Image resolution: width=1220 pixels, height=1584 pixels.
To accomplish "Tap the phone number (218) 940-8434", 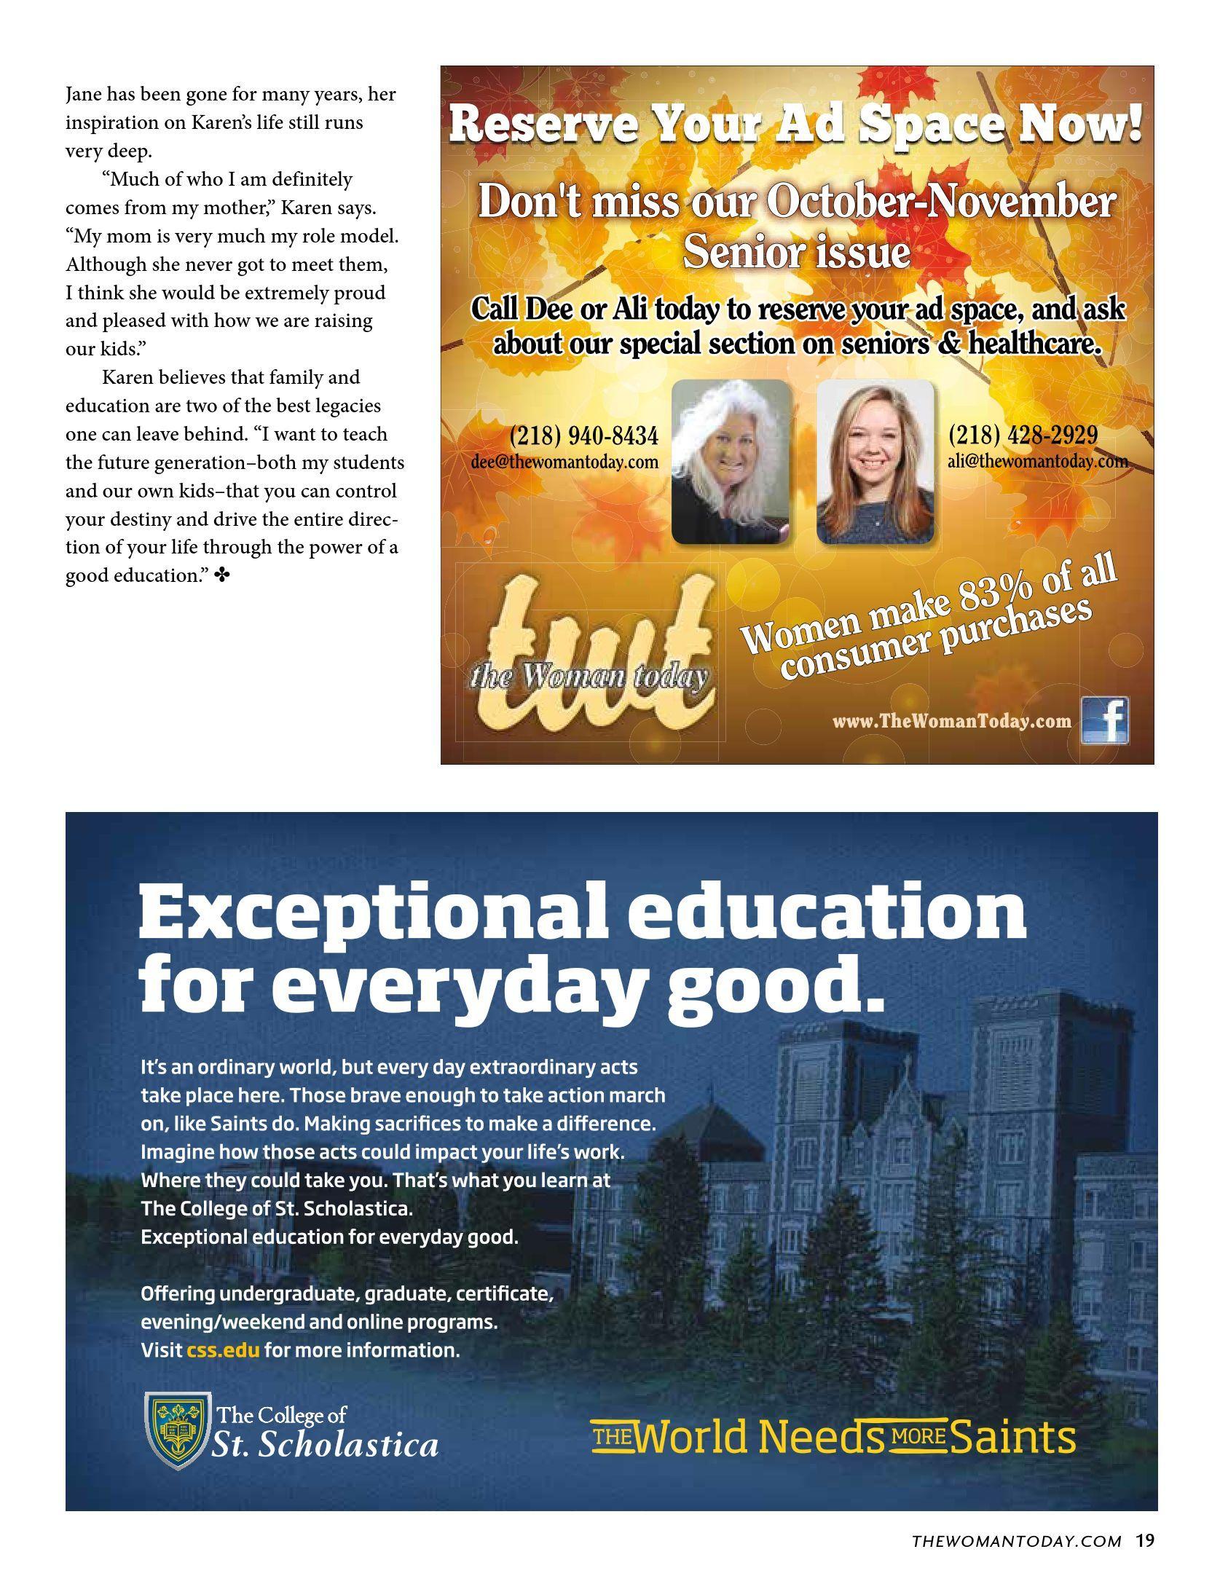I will click(x=583, y=436).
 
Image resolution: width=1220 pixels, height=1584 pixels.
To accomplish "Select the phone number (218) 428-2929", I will click(x=1023, y=435).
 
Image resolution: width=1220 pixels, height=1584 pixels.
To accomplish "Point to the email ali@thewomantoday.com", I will click(x=1037, y=460).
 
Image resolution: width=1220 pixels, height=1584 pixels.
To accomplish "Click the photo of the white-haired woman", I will click(x=731, y=462).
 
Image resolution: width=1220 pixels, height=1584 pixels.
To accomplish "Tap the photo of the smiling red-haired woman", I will click(x=875, y=462).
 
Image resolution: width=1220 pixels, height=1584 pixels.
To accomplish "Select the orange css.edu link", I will click(x=223, y=1349).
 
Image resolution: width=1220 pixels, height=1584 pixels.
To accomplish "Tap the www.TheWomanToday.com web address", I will click(x=952, y=721).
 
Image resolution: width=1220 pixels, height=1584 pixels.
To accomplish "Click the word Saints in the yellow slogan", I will click(x=1013, y=1437).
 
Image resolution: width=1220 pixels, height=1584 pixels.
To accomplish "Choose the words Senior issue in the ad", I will click(x=796, y=253).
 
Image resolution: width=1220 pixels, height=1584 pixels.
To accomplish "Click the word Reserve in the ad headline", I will click(x=543, y=125).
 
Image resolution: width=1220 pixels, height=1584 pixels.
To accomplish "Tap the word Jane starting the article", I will click(x=84, y=95).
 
